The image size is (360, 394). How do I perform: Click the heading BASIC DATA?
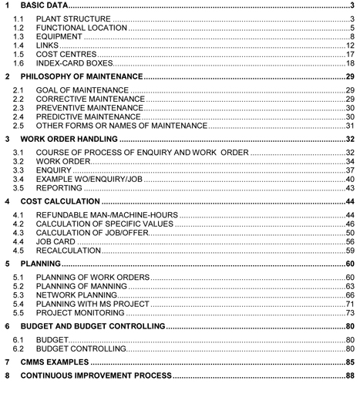click(46, 6)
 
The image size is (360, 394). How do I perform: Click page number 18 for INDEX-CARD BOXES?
click(349, 63)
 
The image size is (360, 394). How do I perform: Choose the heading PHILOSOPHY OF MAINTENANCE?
click(82, 78)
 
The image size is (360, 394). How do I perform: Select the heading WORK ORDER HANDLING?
click(69, 140)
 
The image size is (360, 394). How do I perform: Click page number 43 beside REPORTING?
click(349, 188)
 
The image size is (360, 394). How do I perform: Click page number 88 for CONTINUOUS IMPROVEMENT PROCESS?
click(349, 375)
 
